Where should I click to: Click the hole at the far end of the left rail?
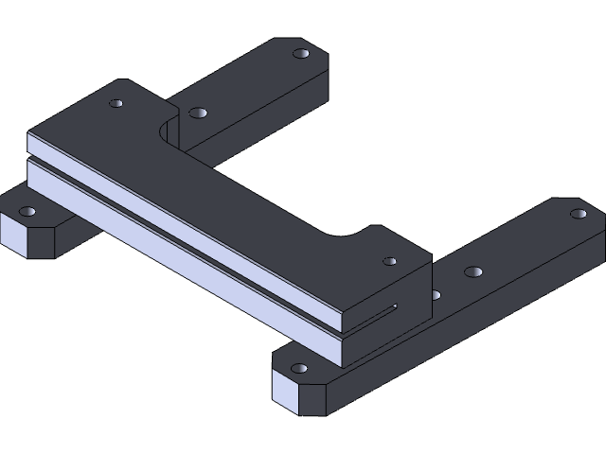(301, 55)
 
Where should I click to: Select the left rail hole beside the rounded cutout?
(197, 113)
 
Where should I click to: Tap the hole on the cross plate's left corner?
(116, 102)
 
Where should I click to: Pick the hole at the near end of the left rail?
(27, 212)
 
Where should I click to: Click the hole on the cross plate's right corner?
(389, 261)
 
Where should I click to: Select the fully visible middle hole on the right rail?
(472, 272)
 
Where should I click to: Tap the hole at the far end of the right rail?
(578, 214)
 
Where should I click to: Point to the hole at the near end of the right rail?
(299, 368)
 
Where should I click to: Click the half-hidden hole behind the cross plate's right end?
(435, 295)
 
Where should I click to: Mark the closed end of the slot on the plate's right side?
(395, 306)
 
